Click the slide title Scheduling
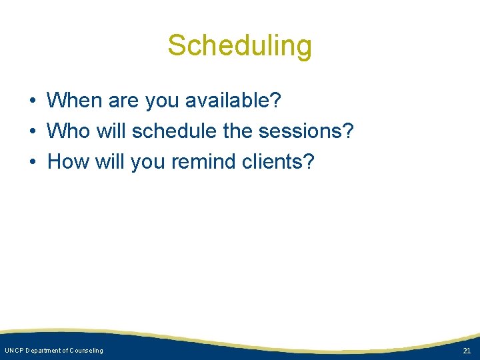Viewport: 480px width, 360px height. pos(239,46)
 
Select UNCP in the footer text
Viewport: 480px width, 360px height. pos(13,351)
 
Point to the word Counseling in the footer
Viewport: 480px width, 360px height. pos(85,351)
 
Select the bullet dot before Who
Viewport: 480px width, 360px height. pos(32,132)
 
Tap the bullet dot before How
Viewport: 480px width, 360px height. pos(32,162)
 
